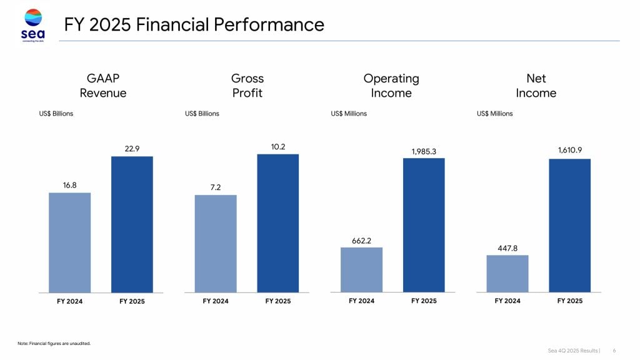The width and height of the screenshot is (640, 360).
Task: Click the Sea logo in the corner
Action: (33, 24)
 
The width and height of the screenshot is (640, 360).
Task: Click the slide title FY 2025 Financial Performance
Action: (194, 25)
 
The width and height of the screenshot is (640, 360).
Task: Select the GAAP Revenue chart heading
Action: (102, 86)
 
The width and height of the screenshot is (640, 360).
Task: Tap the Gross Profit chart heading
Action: (247, 86)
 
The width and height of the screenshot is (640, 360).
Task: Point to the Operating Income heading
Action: (391, 86)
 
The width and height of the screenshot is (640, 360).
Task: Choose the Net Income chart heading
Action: (536, 86)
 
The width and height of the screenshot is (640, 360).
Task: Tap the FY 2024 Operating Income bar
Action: (361, 269)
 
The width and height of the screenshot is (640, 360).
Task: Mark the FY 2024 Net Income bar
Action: (507, 273)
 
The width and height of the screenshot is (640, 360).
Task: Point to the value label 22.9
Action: (132, 149)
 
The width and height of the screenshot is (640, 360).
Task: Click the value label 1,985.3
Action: (424, 151)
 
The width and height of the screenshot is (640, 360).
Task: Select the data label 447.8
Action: (507, 248)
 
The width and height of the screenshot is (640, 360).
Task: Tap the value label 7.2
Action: (216, 187)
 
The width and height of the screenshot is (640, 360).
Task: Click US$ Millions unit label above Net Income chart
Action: (494, 114)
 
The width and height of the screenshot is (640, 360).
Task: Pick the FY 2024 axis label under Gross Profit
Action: (216, 301)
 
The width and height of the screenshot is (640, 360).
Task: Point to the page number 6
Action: (614, 350)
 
